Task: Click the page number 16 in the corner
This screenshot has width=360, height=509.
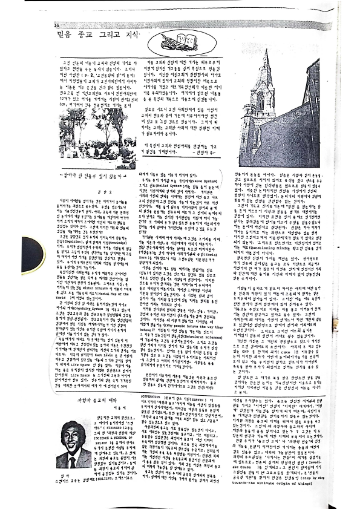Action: (x=56, y=25)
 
